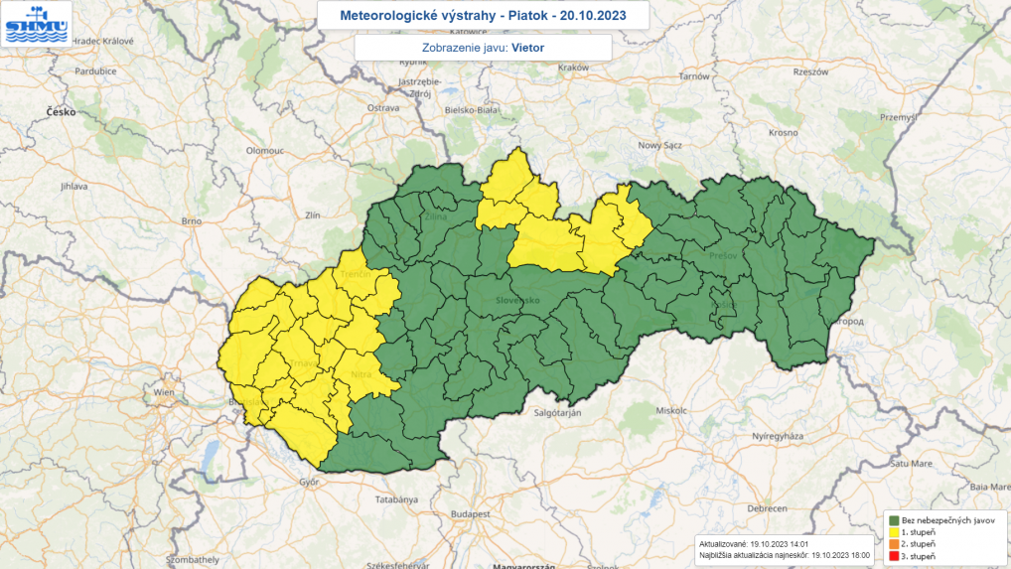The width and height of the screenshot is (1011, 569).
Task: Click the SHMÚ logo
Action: coord(37,24)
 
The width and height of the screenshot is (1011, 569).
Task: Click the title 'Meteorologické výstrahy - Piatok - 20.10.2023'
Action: coord(484,15)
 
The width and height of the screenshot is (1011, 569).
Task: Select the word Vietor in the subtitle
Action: coord(528,47)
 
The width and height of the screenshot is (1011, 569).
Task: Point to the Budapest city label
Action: coord(471,514)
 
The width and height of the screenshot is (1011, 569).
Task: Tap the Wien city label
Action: coord(163,393)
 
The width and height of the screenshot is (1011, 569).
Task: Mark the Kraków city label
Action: coord(574,68)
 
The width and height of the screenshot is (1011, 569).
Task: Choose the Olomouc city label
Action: coord(265,149)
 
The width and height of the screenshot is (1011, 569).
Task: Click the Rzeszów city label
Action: coord(810,71)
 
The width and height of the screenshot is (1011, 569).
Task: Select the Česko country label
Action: coord(61,112)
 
